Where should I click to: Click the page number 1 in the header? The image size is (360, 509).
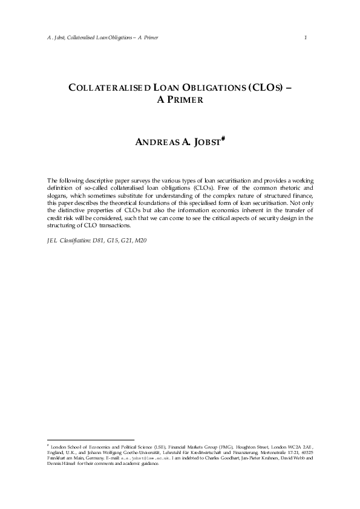point(306,38)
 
